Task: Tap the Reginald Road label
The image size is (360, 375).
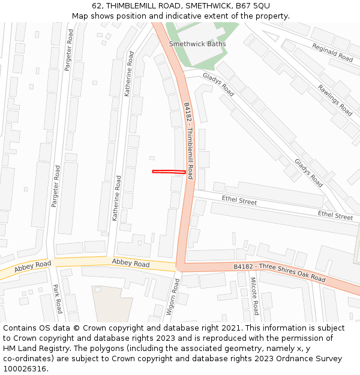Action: (332, 52)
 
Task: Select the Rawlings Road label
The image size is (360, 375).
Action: (335, 99)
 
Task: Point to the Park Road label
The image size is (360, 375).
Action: (58, 298)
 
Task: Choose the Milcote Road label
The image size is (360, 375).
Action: (254, 296)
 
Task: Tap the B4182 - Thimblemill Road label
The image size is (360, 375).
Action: (188, 140)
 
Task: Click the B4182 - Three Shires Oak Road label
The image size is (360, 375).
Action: (279, 272)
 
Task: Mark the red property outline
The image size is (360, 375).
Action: (169, 172)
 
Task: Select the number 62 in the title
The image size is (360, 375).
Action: (97, 5)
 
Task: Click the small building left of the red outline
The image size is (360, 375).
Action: (152, 158)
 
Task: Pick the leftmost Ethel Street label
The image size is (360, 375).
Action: (239, 201)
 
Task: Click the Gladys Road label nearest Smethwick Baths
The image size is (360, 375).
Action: (218, 85)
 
